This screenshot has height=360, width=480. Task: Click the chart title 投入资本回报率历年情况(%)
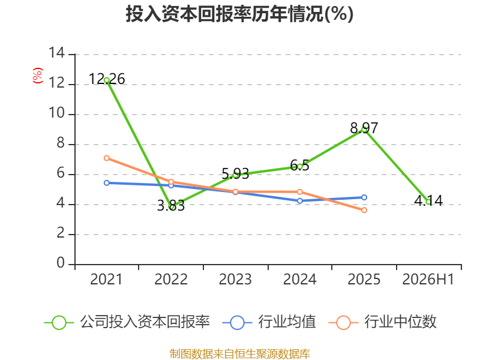click(x=239, y=14)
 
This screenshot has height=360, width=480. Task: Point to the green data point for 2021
click(x=107, y=80)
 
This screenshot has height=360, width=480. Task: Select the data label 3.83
click(x=171, y=205)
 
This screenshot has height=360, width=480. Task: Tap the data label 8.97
click(x=364, y=128)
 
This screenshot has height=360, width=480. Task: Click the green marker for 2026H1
click(x=428, y=202)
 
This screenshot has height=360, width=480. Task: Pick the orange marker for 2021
click(x=107, y=158)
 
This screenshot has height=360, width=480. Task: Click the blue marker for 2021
click(x=107, y=183)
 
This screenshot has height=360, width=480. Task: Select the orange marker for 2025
click(x=364, y=210)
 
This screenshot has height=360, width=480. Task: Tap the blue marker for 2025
click(x=364, y=197)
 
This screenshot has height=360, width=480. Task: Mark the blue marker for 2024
click(x=299, y=201)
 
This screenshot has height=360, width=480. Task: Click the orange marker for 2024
click(x=299, y=192)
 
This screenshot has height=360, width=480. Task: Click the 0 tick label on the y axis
click(x=61, y=263)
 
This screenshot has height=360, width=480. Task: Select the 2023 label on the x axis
click(x=235, y=279)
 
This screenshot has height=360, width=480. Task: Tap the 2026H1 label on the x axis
click(x=428, y=279)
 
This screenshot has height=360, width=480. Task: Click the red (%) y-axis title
click(x=38, y=76)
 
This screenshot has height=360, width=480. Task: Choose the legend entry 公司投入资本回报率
click(x=127, y=322)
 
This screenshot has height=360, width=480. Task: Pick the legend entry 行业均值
click(x=269, y=322)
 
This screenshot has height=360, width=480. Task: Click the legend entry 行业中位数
click(x=382, y=322)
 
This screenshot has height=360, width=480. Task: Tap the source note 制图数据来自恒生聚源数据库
click(x=239, y=354)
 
